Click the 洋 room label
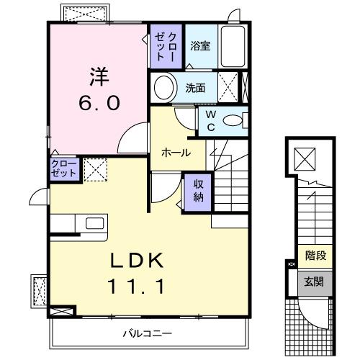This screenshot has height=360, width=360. coord(99,74)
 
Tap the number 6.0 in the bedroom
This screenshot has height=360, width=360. coord(99,102)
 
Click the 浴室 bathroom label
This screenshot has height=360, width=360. coord(199,46)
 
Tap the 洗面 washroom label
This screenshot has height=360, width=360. coord(196,89)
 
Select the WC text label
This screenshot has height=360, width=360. coord(210,120)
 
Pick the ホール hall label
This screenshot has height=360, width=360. coord(176,153)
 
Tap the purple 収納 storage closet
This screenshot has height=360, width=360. coord(198,190)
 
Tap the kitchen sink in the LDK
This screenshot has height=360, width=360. coord(94,223)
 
